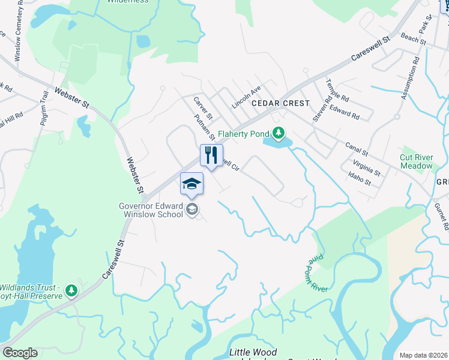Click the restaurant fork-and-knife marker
[x=211, y=155]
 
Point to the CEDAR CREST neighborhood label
[x=280, y=103]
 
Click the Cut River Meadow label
[x=416, y=161]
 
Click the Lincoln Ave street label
[x=246, y=96]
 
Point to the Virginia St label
[x=367, y=167]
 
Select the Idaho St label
[x=359, y=178]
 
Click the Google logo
[x=20, y=353]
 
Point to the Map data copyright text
[x=423, y=355]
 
